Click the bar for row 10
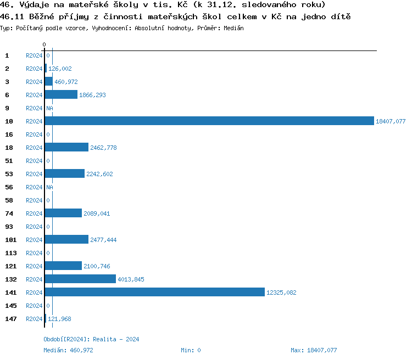click(209, 121)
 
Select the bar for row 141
click(154, 292)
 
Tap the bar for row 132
click(80, 279)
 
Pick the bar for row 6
click(61, 95)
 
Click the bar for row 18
click(66, 148)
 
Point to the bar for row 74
click(63, 213)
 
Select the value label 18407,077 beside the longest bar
click(390, 121)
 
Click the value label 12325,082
click(281, 292)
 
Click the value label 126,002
click(60, 69)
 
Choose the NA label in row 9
click(49, 108)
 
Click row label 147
click(11, 319)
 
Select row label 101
click(11, 240)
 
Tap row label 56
click(9, 187)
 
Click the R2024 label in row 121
click(34, 266)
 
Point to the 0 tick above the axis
click(44, 44)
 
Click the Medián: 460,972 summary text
click(68, 350)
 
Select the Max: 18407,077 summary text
click(314, 350)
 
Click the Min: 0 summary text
click(191, 350)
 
